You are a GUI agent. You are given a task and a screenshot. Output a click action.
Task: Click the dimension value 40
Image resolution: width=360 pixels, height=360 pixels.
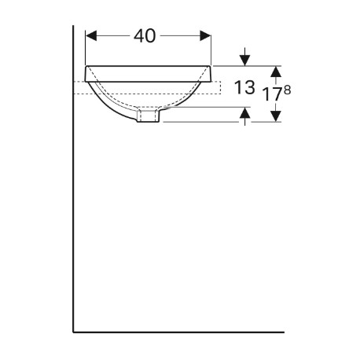(145, 36)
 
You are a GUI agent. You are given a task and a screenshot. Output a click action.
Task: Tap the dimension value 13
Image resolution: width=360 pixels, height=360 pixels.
(244, 87)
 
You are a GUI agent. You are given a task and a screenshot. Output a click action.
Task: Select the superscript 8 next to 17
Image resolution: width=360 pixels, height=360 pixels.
(287, 90)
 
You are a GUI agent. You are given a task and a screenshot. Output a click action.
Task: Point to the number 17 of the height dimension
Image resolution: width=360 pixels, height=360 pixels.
(273, 94)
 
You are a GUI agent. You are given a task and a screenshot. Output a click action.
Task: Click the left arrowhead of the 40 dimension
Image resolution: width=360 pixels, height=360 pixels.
(91, 35)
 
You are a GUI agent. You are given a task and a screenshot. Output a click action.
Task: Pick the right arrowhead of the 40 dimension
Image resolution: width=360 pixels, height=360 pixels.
(205, 35)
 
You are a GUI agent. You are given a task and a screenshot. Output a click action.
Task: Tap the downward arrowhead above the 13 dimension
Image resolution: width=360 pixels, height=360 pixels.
(245, 61)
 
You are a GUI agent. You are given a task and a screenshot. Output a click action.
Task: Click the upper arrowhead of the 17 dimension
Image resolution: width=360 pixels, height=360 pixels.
(276, 72)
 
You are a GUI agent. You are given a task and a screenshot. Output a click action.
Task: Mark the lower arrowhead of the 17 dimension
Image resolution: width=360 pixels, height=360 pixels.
(276, 116)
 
